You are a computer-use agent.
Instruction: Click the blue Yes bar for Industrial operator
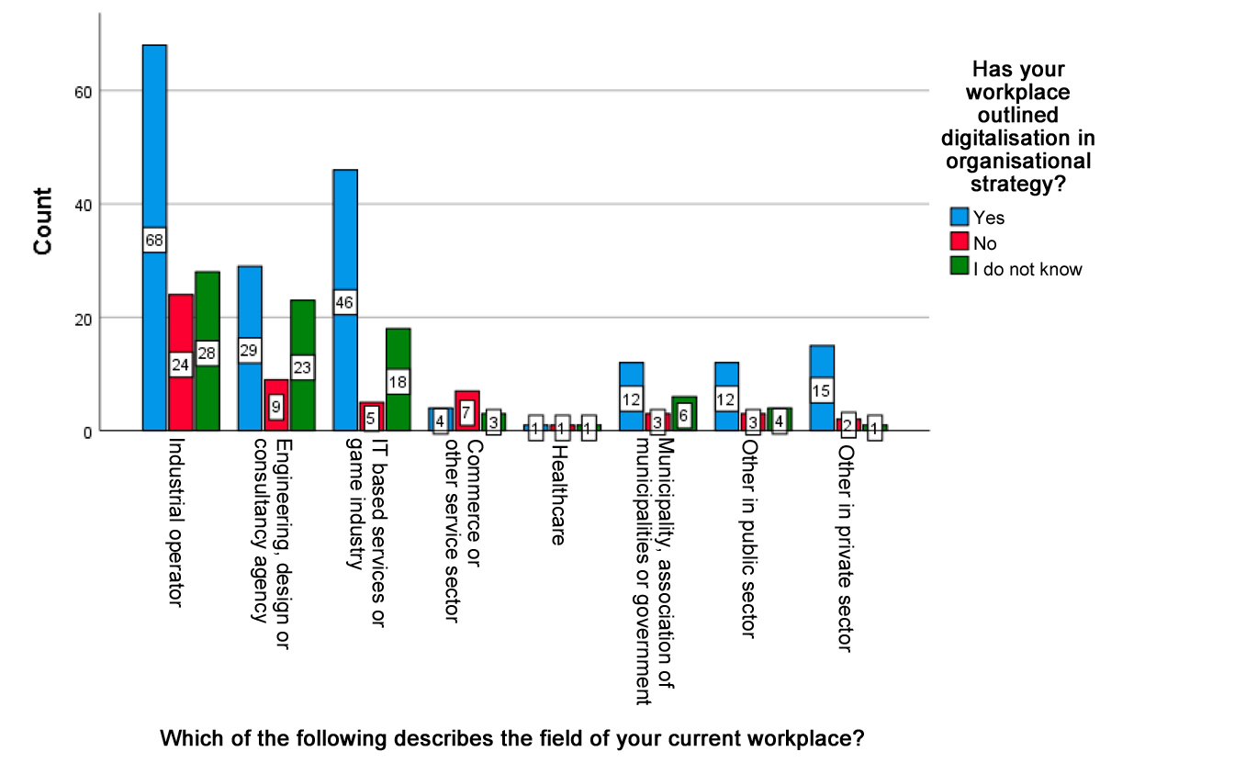(154, 138)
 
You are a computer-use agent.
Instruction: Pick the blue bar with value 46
(345, 230)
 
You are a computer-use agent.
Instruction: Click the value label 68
(154, 241)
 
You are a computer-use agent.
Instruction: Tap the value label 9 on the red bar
(276, 406)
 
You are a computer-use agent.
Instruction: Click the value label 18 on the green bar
(398, 381)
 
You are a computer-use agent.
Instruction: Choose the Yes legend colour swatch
(960, 218)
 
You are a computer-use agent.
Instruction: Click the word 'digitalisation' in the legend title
(1017, 138)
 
